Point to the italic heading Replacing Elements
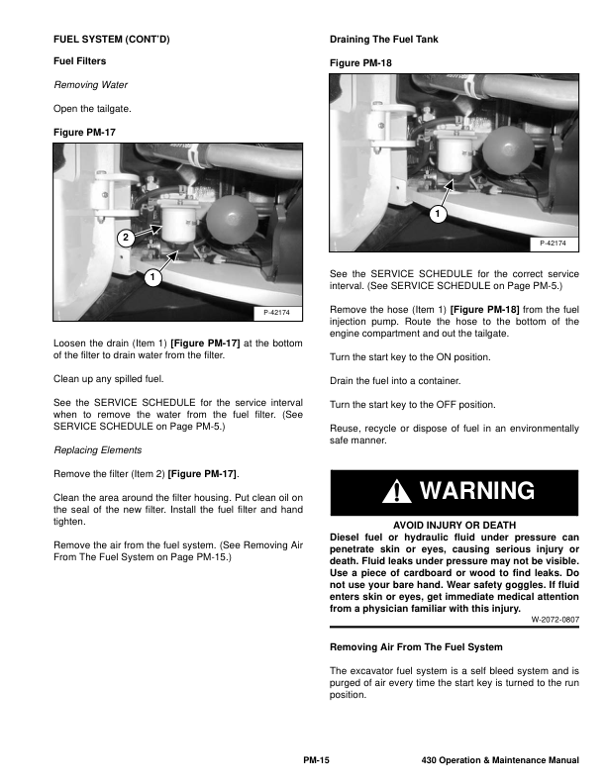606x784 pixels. tap(97, 449)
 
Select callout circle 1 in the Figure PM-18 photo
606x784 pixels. tap(437, 213)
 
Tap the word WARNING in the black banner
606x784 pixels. tap(476, 492)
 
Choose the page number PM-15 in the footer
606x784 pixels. tap(315, 760)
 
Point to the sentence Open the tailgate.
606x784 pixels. tap(91, 108)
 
